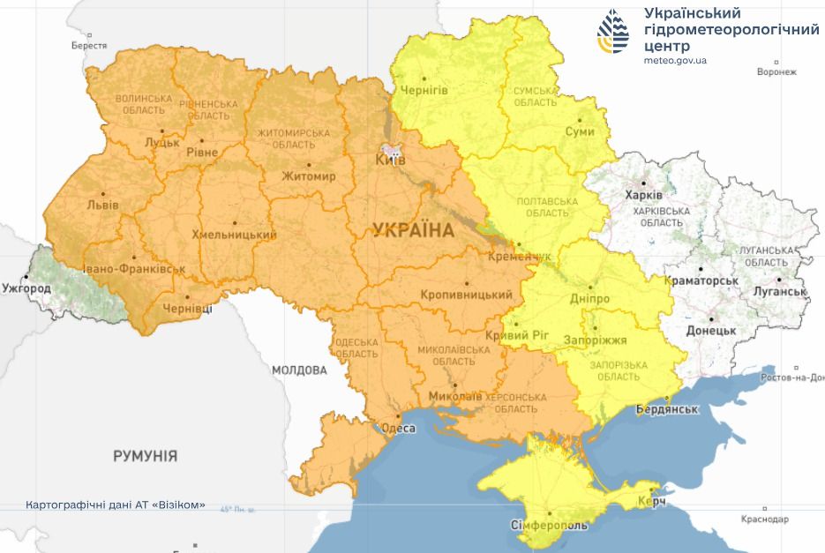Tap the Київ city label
point(390,160)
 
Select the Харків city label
point(642,195)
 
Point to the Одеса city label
point(397,429)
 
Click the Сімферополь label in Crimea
point(549,526)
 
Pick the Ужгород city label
point(26,288)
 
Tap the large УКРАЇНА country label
point(414,231)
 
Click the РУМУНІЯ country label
point(145,456)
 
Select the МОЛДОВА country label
point(299,370)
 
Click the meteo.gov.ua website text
point(675,60)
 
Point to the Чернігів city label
point(424,91)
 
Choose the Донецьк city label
point(710,330)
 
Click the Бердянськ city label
point(667,410)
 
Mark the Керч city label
point(650,502)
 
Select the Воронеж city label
point(776,71)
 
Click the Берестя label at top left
point(88,45)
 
